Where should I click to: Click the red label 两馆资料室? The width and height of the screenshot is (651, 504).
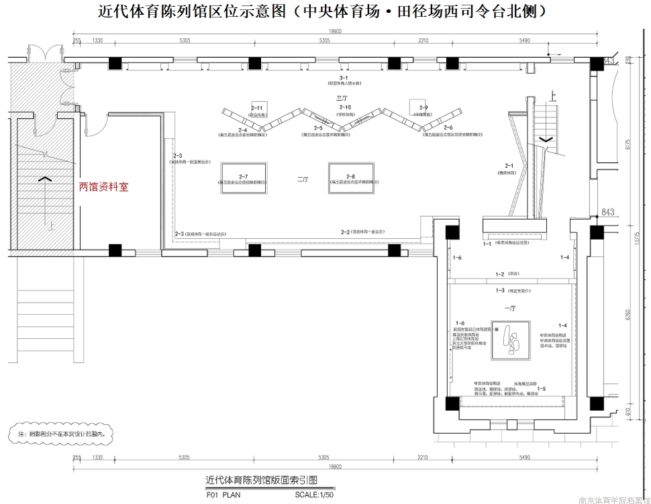pyautogui.click(x=104, y=187)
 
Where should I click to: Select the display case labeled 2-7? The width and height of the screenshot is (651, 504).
pyautogui.click(x=243, y=178)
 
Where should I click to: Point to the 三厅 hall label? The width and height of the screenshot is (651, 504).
pyautogui.click(x=342, y=99)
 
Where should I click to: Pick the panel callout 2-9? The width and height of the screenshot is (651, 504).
pyautogui.click(x=423, y=108)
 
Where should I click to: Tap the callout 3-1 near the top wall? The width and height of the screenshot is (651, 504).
pyautogui.click(x=344, y=79)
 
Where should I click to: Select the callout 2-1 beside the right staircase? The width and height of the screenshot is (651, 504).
pyautogui.click(x=509, y=166)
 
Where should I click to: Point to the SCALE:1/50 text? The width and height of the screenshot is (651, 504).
pyautogui.click(x=314, y=495)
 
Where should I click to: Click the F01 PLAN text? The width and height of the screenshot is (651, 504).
pyautogui.click(x=222, y=495)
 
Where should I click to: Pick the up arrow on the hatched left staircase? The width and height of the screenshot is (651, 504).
pyautogui.click(x=46, y=179)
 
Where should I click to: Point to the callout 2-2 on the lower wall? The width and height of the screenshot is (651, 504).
pyautogui.click(x=346, y=232)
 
